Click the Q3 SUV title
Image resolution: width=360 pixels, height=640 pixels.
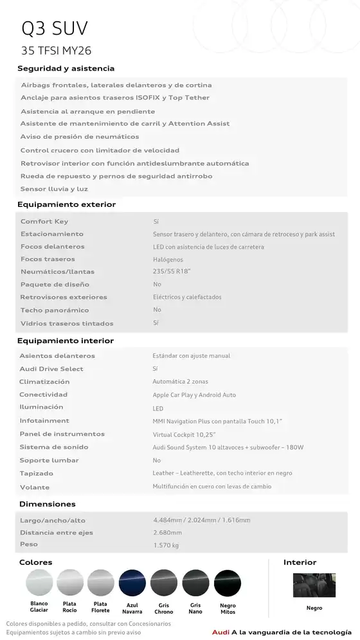pyautogui.click(x=55, y=28)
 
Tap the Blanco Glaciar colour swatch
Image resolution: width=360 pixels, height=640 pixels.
pyautogui.click(x=39, y=583)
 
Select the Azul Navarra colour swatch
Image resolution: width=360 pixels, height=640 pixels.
pyautogui.click(x=132, y=583)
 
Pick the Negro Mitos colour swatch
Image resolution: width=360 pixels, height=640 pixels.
pyautogui.click(x=228, y=583)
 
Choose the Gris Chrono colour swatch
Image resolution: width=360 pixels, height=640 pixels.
pyautogui.click(x=164, y=583)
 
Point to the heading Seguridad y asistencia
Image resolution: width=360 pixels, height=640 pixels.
pyautogui.click(x=66, y=68)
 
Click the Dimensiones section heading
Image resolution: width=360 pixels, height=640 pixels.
pyautogui.click(x=47, y=504)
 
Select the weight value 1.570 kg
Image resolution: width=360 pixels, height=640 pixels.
pyautogui.click(x=166, y=546)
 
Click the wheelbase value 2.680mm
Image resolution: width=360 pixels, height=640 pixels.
pyautogui.click(x=168, y=533)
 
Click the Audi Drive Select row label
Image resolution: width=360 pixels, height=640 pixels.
pyautogui.click(x=51, y=369)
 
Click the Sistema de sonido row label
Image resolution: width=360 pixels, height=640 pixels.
pyautogui.click(x=54, y=447)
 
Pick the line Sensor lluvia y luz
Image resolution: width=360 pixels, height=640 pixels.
pyautogui.click(x=54, y=189)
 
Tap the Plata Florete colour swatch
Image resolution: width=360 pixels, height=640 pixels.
pyautogui.click(x=100, y=583)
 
